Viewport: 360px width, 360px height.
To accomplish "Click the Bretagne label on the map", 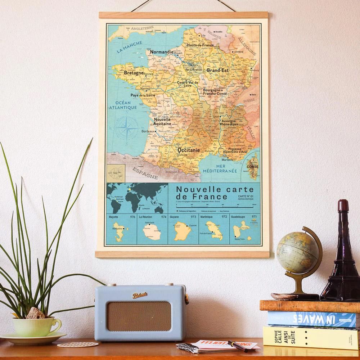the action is coord(133,73).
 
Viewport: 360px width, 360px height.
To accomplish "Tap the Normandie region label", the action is coord(162,52).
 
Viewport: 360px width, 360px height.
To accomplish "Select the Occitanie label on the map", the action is coord(189,150).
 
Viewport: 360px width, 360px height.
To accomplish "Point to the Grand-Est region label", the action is coord(218,71).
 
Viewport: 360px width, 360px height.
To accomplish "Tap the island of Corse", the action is coord(252,162).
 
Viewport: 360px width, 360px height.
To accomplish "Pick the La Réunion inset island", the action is coord(152,235).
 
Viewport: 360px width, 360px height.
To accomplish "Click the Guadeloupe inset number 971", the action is coord(254,217).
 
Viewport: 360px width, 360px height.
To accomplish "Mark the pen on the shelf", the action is coord(237,346).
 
